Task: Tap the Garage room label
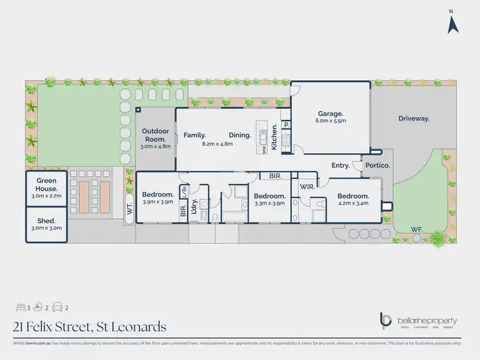coord(331,113)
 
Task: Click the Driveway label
coord(413,119)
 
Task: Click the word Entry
coord(340,165)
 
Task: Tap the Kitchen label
coord(274,136)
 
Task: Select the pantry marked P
coord(287,125)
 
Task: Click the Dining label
coord(239,135)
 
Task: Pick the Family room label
coord(195,135)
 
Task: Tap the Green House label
coord(47,185)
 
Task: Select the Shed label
coord(47,220)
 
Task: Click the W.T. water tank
coord(129,208)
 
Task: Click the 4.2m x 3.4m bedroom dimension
coord(353,204)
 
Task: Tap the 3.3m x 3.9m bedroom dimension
coord(269,204)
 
